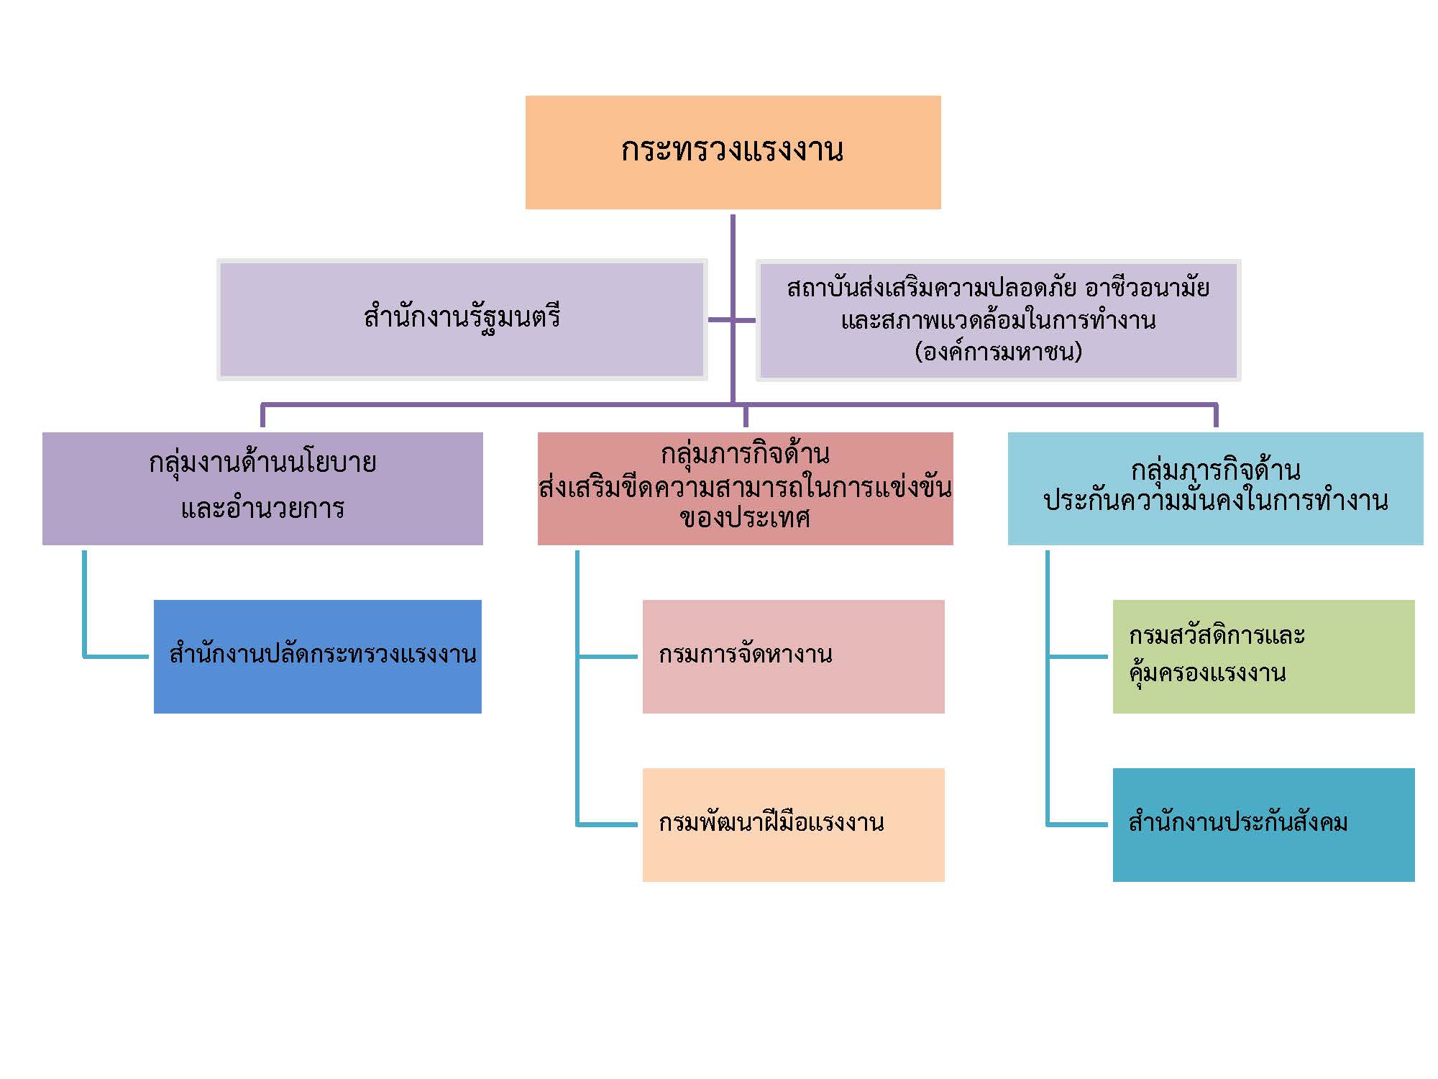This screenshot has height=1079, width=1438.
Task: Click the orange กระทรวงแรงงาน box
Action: tap(733, 152)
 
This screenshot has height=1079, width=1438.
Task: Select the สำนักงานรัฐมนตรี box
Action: tap(462, 319)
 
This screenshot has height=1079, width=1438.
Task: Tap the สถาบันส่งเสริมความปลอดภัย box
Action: tap(998, 319)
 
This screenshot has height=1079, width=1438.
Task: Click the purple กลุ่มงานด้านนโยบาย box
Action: tap(262, 488)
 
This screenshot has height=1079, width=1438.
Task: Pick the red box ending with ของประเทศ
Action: tap(745, 488)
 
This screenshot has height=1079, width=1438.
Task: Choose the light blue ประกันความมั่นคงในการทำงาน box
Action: tap(1215, 488)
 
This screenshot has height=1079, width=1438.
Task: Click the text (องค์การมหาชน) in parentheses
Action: tap(998, 352)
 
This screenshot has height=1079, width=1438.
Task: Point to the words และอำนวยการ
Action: tap(262, 509)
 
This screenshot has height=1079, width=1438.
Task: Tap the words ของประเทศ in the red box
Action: tap(745, 518)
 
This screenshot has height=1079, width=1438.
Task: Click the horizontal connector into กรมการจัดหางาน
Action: tap(608, 656)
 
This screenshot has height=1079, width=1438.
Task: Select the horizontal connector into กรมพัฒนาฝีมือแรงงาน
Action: tap(608, 824)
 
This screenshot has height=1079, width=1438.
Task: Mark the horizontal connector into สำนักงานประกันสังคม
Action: tap(1078, 824)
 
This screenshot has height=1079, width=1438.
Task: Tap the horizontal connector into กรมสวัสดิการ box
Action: tap(1078, 656)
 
